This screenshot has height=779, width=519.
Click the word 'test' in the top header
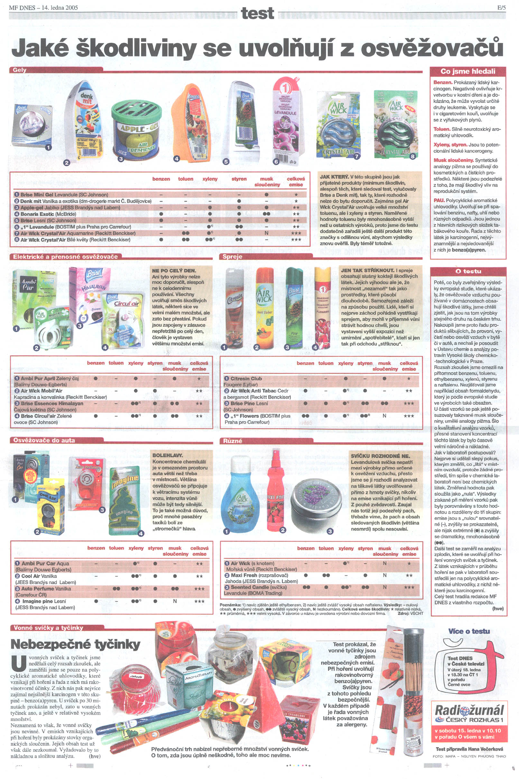[257, 13]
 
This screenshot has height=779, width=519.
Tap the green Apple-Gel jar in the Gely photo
[136, 131]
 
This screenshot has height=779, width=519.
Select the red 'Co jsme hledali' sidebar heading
[468, 71]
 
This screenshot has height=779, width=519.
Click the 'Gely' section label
[20, 70]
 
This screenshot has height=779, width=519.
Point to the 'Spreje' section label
[232, 256]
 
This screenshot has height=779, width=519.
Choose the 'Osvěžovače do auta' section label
[44, 441]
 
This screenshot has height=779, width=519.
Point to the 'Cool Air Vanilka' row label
[39, 576]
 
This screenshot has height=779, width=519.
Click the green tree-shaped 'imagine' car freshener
[125, 500]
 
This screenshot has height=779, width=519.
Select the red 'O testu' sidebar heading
[468, 271]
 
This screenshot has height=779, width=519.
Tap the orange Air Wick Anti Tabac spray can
[264, 308]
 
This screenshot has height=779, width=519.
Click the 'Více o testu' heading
[469, 631]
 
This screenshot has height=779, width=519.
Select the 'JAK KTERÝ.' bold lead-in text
[334, 177]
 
